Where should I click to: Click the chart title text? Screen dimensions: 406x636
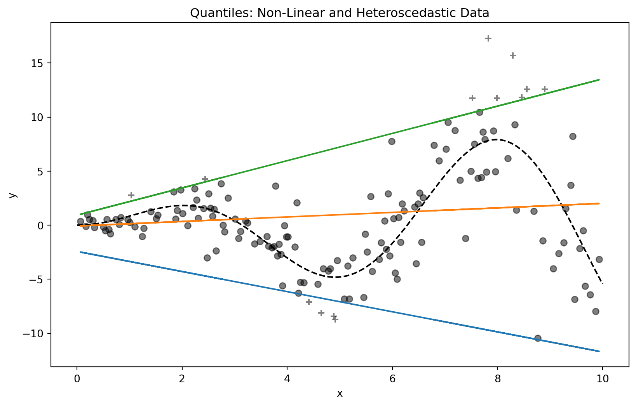pyautogui.click(x=339, y=14)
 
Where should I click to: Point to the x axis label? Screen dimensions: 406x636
pyautogui.click(x=340, y=394)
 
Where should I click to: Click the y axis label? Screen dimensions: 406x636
pyautogui.click(x=13, y=195)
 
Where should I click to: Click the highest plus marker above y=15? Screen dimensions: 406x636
pyautogui.click(x=488, y=38)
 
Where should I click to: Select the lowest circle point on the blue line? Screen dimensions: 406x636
pyautogui.click(x=538, y=338)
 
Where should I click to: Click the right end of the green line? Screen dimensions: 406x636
pyautogui.click(x=599, y=80)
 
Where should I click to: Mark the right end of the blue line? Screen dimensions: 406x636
pyautogui.click(x=599, y=351)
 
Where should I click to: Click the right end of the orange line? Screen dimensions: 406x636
pyautogui.click(x=599, y=203)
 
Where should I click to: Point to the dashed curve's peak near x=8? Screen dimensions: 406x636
pyautogui.click(x=496, y=139)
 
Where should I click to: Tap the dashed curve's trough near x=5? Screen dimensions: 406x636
pyautogui.click(x=336, y=277)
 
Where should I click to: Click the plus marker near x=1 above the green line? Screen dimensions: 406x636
pyautogui.click(x=131, y=195)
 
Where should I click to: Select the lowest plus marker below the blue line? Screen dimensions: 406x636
pyautogui.click(x=335, y=319)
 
